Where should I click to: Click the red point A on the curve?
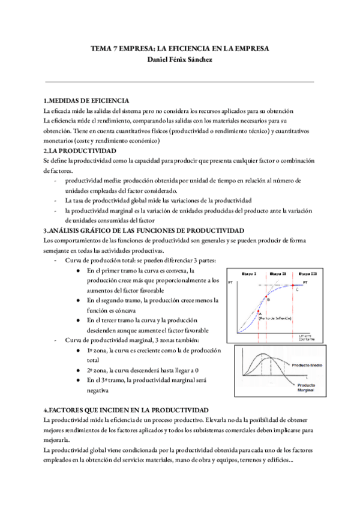point(259,312)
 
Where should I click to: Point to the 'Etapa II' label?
point(277,273)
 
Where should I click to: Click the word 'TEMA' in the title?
point(101,47)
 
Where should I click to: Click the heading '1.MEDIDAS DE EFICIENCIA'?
point(86,101)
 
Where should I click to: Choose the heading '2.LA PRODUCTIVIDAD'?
point(80,150)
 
